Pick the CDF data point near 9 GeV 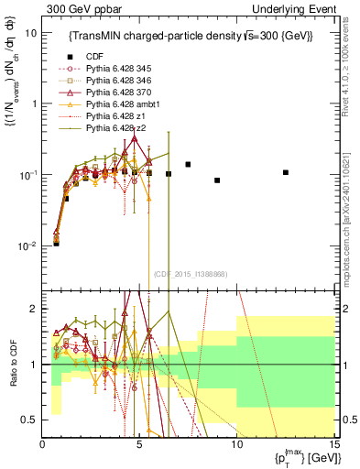(217, 180)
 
